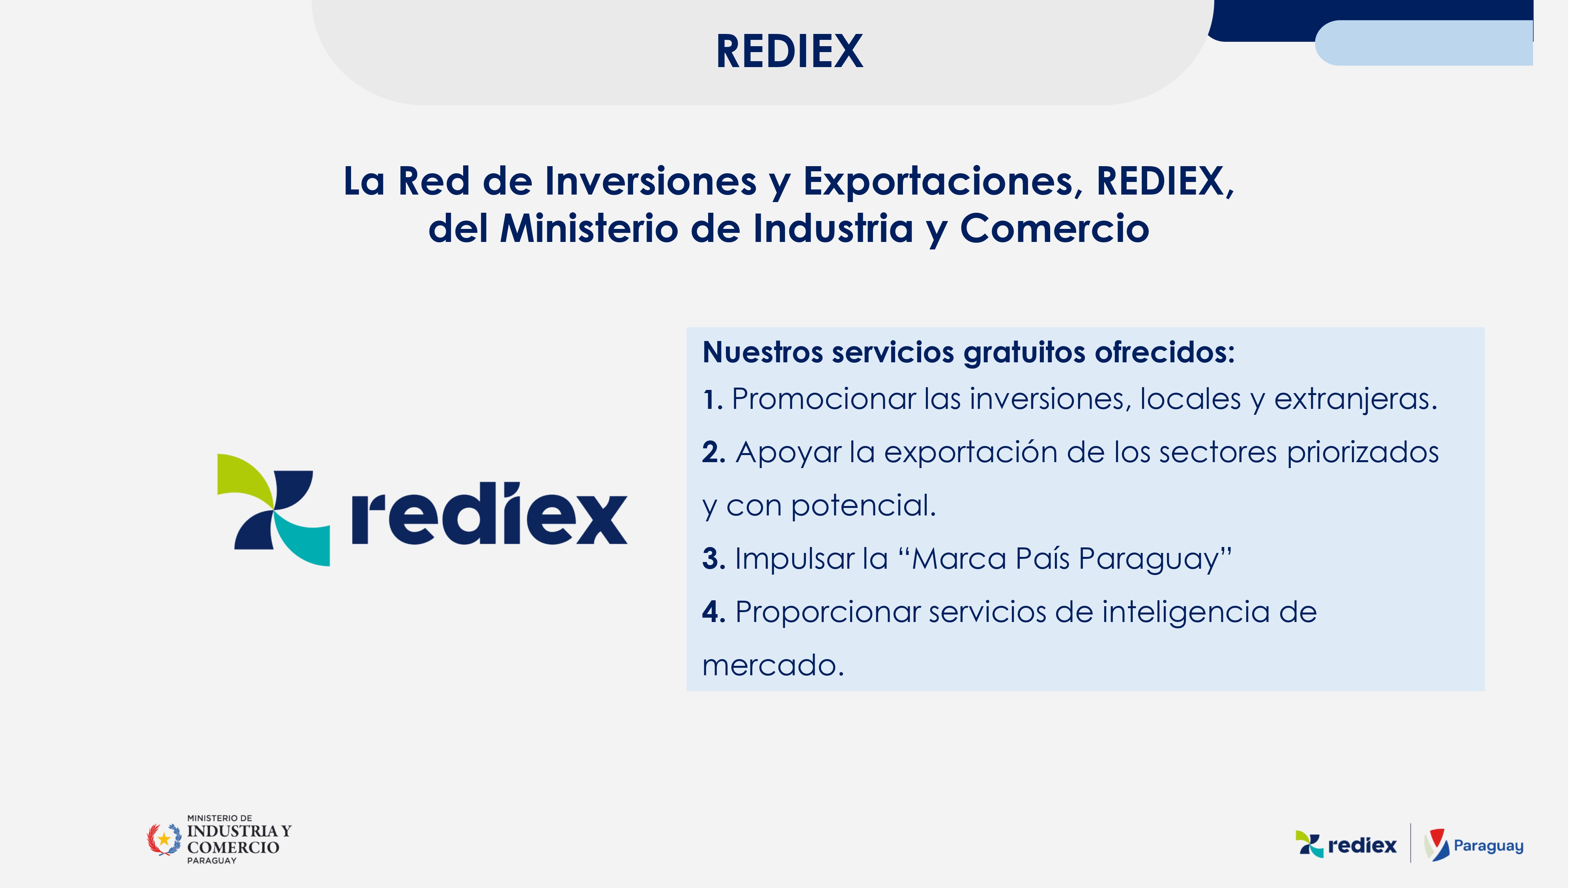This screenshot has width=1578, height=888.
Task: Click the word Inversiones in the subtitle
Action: pyautogui.click(x=654, y=182)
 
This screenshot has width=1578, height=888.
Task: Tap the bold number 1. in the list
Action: pyautogui.click(x=717, y=401)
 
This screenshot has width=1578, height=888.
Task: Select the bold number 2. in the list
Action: pyautogui.click(x=718, y=455)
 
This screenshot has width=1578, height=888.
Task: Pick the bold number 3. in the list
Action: pyautogui.click(x=718, y=561)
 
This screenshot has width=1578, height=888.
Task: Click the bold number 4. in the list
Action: pyautogui.click(x=718, y=614)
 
